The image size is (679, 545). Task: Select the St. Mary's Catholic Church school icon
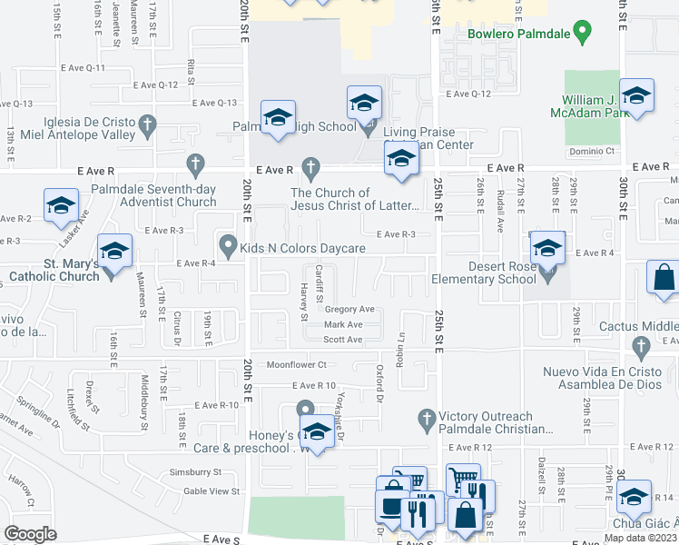tap(115, 253)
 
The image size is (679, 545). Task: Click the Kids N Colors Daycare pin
tap(228, 244)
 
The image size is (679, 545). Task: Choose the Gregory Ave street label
tap(349, 310)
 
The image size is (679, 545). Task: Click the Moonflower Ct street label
tap(295, 365)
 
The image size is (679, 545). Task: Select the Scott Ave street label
tap(343, 340)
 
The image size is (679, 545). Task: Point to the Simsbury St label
tap(196, 472)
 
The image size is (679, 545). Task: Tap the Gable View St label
tap(212, 491)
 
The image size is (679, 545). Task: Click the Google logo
tap(31, 533)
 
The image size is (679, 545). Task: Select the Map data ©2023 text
tap(641, 538)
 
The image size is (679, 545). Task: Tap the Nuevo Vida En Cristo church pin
tap(641, 346)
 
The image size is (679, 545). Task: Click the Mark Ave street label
tap(343, 324)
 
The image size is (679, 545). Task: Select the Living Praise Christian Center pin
tap(369, 128)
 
